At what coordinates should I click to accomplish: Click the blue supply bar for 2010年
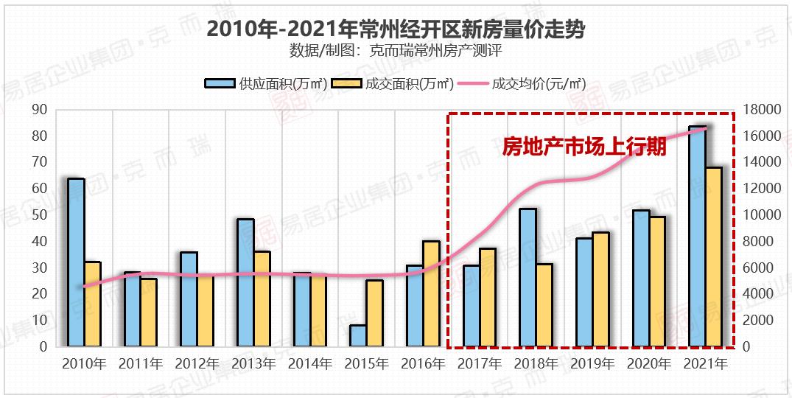click(76, 262)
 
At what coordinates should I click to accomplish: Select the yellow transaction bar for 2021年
click(714, 257)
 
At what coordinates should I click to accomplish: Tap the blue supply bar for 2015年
click(358, 336)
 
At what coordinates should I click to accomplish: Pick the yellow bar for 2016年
click(431, 294)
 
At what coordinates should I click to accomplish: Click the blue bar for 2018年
click(528, 278)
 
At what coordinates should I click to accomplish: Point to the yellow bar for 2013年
click(262, 299)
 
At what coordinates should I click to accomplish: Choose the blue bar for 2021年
click(697, 237)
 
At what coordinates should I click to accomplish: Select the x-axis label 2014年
click(310, 364)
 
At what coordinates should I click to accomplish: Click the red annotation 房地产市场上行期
click(584, 147)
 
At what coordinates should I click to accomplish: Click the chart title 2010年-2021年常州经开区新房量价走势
click(396, 29)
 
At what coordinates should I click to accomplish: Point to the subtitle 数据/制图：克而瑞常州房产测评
click(396, 52)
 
